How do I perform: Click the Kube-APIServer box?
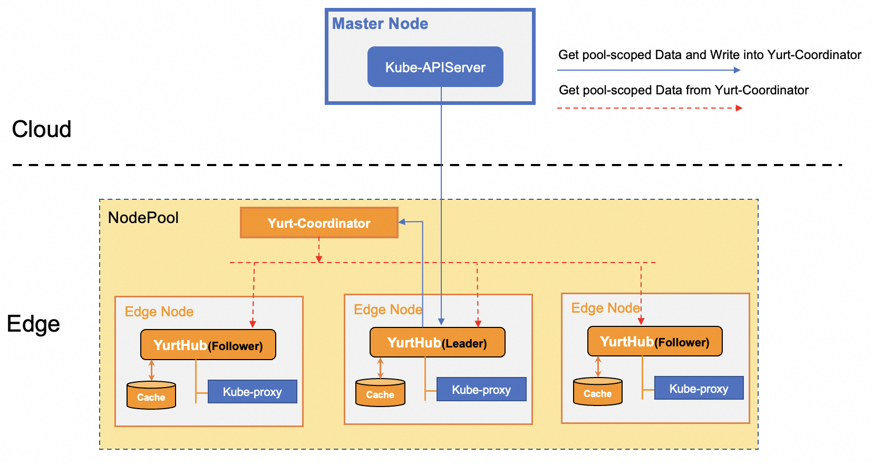(x=435, y=67)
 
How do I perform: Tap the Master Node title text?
(x=380, y=24)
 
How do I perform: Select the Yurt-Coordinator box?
(x=319, y=223)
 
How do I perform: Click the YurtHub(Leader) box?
(x=437, y=343)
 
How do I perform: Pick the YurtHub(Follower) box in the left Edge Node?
(x=208, y=345)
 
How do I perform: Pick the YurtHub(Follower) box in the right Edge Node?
(x=654, y=342)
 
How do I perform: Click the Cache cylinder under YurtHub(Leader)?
(x=380, y=393)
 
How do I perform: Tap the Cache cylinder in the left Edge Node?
(x=151, y=396)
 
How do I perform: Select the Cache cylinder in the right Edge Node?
(x=597, y=392)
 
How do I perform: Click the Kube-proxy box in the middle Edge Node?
(x=481, y=390)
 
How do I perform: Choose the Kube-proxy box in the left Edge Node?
(x=253, y=392)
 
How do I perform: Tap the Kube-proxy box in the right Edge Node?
(x=699, y=389)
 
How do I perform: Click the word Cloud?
(x=42, y=129)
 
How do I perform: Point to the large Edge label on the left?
(x=33, y=324)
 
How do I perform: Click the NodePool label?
(x=143, y=218)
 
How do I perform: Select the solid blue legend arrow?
(x=648, y=70)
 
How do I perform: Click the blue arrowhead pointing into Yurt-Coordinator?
(x=402, y=222)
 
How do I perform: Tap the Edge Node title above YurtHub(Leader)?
(x=387, y=310)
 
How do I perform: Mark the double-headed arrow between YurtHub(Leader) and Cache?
(x=380, y=368)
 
